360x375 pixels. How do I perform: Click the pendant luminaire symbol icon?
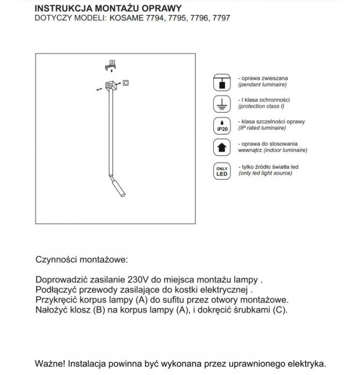tap(220, 83)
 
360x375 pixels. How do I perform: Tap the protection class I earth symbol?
tap(220, 104)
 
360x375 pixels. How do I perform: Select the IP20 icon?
tap(220, 126)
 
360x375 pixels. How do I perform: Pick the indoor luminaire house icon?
tap(220, 147)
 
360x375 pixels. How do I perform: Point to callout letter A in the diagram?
tap(112, 63)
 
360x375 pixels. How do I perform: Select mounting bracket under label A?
tap(111, 68)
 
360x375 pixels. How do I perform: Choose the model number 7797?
tap(221, 18)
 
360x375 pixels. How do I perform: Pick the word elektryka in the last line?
tap(306, 364)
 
